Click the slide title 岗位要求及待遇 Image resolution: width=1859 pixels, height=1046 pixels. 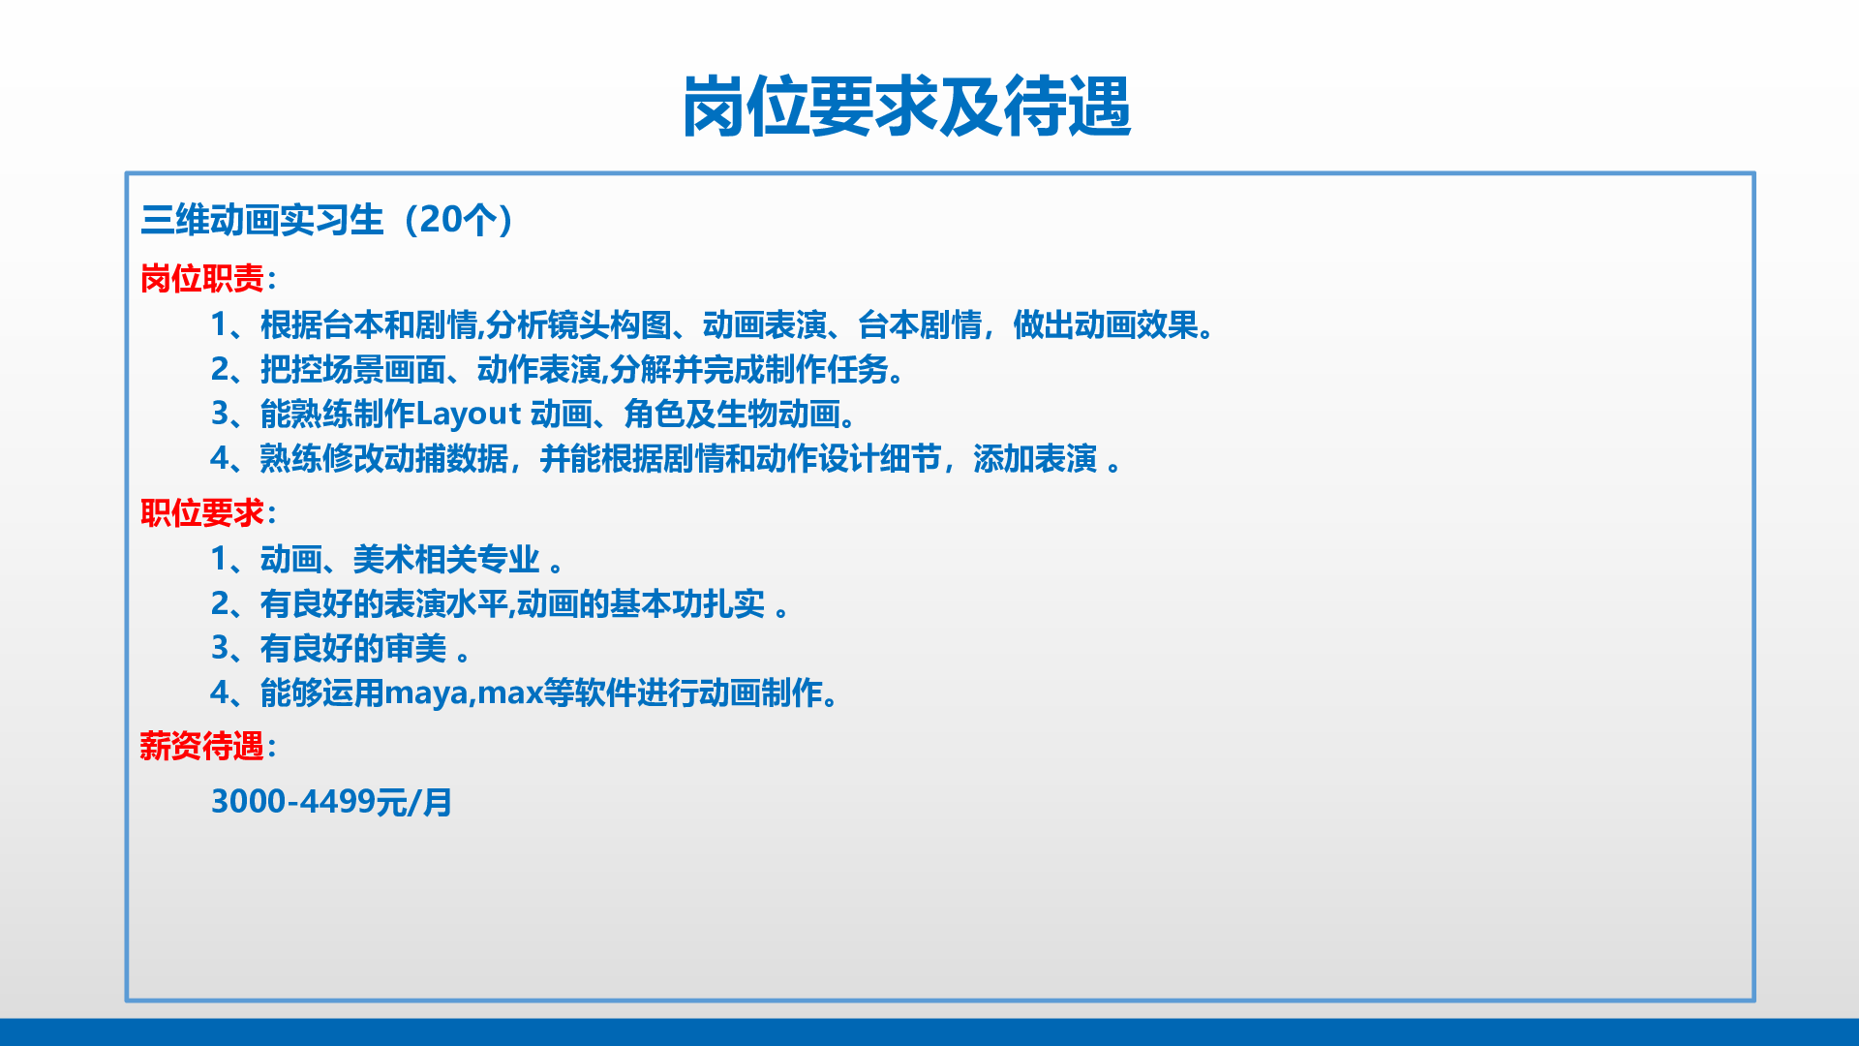(907, 107)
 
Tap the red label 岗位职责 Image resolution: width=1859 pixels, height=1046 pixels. (202, 279)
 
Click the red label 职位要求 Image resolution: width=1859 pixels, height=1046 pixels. (202, 512)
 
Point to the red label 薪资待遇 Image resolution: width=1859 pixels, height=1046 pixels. (202, 746)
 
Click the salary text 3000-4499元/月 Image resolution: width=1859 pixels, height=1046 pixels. (332, 802)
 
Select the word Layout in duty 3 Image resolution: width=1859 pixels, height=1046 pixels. (469, 415)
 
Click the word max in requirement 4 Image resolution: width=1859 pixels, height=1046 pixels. (510, 693)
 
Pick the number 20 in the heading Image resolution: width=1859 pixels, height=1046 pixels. (441, 220)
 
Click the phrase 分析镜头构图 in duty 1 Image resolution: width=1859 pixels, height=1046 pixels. (579, 325)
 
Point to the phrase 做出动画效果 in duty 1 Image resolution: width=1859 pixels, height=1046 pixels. (1106, 325)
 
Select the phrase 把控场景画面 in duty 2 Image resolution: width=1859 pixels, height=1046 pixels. (353, 370)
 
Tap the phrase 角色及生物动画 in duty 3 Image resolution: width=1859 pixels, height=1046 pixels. (732, 415)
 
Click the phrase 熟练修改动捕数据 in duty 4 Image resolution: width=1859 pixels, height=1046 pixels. (384, 459)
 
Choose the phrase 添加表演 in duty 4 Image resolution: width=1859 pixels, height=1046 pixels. (1035, 459)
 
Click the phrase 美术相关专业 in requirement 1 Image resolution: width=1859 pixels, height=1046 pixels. (446, 560)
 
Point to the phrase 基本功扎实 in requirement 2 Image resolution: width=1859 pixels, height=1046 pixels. (687, 604)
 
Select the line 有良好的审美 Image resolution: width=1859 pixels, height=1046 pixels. (353, 649)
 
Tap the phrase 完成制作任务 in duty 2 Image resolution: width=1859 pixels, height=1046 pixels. (795, 370)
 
